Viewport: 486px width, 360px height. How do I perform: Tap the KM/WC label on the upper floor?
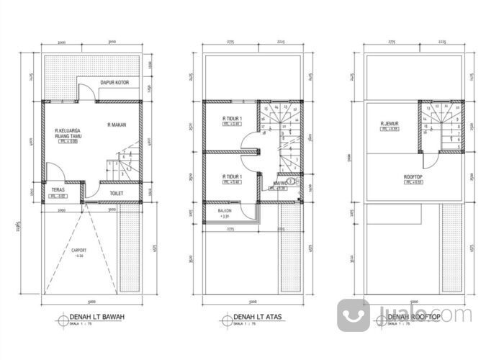(281, 184)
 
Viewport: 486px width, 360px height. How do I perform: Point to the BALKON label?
(224, 210)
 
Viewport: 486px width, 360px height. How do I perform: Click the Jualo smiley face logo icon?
(354, 315)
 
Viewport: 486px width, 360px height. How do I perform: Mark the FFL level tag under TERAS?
(58, 197)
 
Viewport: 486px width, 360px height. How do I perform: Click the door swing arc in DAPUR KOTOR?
(86, 91)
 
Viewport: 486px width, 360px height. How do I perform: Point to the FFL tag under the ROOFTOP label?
(411, 183)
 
